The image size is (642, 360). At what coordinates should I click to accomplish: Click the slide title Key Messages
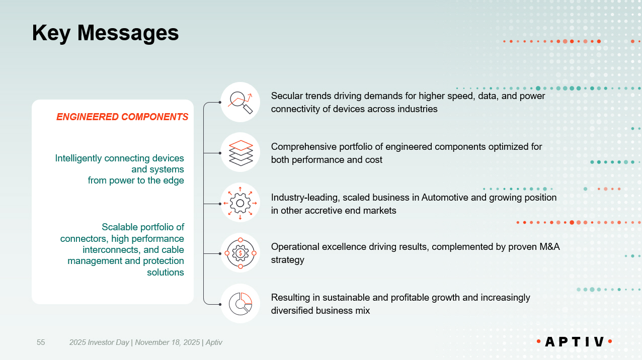[x=105, y=33]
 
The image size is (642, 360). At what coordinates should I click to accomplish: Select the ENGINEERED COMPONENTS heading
[x=122, y=117]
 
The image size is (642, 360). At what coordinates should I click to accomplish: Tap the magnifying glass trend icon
[x=240, y=102]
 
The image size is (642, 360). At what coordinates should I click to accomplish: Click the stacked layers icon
[x=240, y=153]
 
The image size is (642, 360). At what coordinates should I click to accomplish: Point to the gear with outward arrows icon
[x=240, y=203]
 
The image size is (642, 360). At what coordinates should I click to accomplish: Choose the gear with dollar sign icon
[x=240, y=253]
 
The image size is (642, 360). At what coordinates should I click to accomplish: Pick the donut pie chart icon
[x=240, y=304]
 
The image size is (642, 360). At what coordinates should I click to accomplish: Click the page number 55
[x=41, y=342]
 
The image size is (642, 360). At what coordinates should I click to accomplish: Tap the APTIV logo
[x=575, y=341]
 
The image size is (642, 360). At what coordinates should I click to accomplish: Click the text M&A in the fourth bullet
[x=549, y=247]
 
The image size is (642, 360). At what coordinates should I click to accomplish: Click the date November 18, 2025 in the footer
[x=168, y=342]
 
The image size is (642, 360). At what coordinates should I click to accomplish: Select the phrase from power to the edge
[x=136, y=181]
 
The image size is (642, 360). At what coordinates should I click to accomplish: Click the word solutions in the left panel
[x=166, y=273]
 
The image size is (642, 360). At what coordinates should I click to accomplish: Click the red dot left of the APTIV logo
[x=538, y=341]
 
